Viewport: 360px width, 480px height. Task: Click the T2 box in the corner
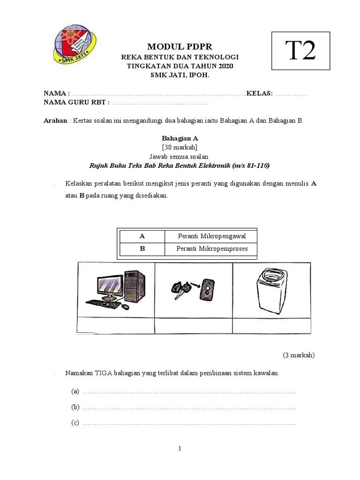[x=300, y=51]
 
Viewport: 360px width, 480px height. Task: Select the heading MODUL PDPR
[x=180, y=46]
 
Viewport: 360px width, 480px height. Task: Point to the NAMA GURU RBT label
[x=76, y=102]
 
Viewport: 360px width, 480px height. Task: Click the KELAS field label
[x=260, y=93]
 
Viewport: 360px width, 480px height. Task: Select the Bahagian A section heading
[x=180, y=138]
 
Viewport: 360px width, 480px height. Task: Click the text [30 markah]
[x=180, y=147]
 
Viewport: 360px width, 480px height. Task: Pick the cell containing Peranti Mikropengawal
[x=211, y=236]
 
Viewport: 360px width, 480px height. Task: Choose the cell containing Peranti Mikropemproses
[x=211, y=249]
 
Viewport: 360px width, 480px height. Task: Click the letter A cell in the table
[x=142, y=236]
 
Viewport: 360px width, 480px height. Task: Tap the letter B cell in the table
[x=142, y=249]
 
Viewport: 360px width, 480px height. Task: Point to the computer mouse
[x=125, y=307]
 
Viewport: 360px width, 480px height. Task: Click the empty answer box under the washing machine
[x=271, y=326]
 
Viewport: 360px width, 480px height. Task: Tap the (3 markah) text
[x=299, y=355]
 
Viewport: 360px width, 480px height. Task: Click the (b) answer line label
[x=75, y=407]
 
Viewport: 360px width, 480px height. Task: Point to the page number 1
[x=180, y=449]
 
